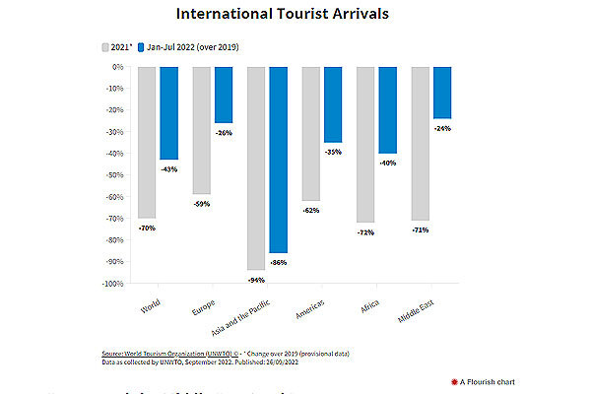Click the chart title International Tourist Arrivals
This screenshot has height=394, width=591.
[295, 15]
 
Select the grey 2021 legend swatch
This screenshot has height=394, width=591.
[104, 46]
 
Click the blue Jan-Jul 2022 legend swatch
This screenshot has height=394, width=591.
[143, 46]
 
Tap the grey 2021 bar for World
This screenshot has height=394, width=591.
[148, 142]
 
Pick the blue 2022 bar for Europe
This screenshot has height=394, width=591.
[223, 95]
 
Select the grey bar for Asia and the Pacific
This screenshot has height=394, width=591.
[256, 167]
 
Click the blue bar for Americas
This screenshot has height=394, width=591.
[332, 104]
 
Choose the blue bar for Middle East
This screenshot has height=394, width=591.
[441, 93]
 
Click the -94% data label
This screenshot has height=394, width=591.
[256, 280]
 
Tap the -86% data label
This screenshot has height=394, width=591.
[278, 262]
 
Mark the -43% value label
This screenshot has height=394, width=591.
[168, 169]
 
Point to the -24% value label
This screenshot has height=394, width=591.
[442, 128]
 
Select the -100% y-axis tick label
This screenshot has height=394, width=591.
[111, 284]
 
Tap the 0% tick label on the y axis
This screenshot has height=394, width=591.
[117, 67]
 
